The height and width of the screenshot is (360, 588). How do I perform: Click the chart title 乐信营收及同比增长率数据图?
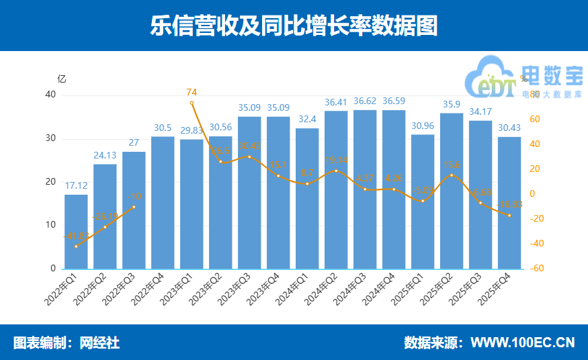294,25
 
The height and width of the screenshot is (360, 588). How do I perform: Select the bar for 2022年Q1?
76,232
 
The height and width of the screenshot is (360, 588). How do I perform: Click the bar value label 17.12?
76,187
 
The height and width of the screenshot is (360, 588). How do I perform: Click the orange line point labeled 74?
192,103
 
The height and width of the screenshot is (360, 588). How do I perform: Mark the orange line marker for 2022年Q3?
134,207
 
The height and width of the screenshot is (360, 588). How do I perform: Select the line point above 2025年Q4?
509,215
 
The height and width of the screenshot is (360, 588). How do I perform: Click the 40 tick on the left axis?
50,95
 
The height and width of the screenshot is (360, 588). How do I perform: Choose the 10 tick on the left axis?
50,225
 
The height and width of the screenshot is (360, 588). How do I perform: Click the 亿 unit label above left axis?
62,78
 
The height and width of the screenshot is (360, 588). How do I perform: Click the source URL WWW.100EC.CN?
522,343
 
